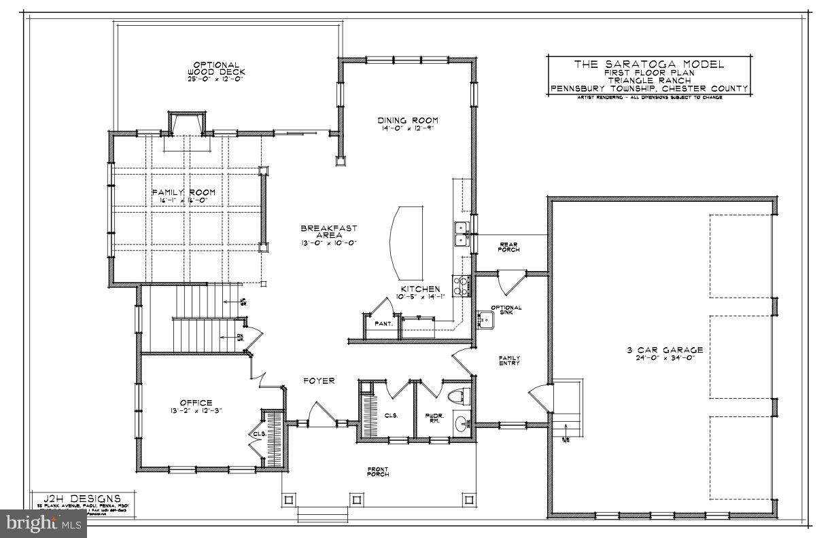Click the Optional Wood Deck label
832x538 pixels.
click(215, 71)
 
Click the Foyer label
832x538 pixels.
click(318, 381)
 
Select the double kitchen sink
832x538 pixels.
click(461, 232)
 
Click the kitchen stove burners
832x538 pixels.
click(461, 285)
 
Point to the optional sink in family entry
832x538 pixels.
click(486, 319)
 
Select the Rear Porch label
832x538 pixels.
click(509, 247)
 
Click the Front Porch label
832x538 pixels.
click(378, 471)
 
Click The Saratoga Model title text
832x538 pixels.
click(648, 65)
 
